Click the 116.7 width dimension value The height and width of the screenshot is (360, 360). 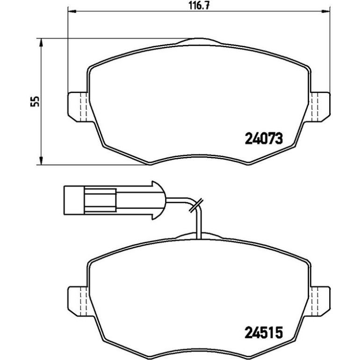(x=199, y=5)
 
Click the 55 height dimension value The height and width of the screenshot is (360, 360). (x=35, y=101)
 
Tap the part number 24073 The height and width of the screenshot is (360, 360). (x=264, y=139)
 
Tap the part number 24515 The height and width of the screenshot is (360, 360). (x=264, y=333)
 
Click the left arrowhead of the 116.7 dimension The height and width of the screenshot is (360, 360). (x=72, y=11)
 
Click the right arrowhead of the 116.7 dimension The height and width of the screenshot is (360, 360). (x=325, y=11)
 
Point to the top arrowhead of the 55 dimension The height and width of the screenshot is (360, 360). (x=41, y=42)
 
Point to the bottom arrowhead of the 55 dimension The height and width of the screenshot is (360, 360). (x=41, y=161)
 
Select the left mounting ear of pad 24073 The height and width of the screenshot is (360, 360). (x=78, y=107)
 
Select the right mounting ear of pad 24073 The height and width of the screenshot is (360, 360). (x=321, y=107)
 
